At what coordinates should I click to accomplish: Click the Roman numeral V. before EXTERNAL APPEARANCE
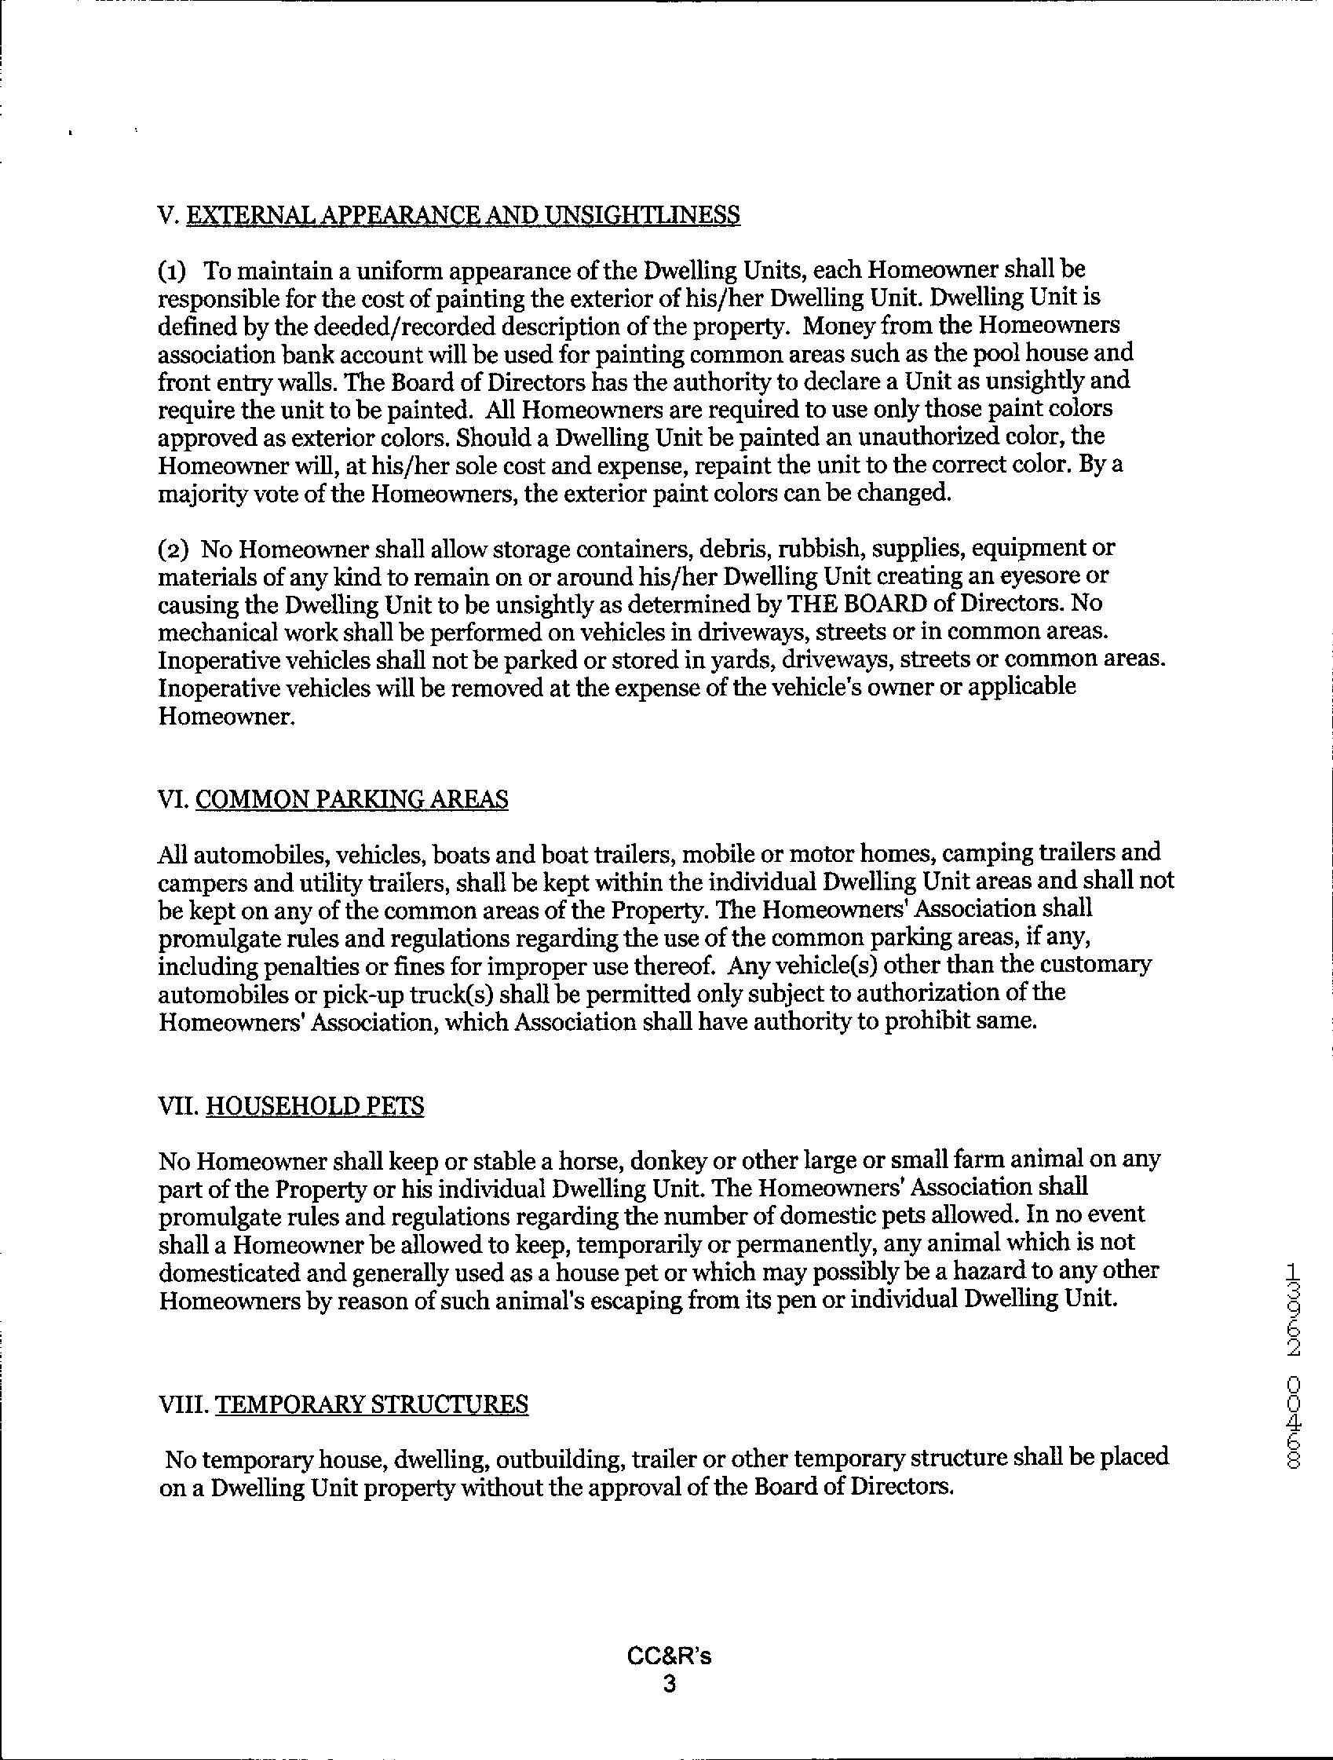point(169,215)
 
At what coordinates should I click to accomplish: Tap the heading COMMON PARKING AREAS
point(351,799)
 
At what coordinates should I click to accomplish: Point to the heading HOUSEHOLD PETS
point(314,1107)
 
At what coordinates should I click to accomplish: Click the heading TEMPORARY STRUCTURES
point(371,1404)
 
